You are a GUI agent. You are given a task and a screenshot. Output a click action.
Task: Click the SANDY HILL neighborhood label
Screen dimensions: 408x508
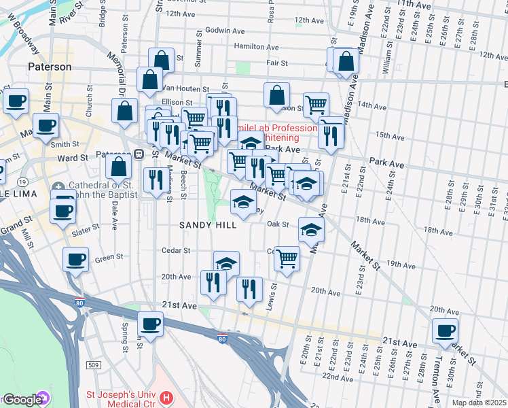(208, 225)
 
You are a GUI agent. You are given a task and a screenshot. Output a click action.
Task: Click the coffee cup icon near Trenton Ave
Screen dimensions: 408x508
(446, 330)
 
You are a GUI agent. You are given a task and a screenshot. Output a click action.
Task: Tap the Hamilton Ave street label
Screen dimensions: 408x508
(257, 48)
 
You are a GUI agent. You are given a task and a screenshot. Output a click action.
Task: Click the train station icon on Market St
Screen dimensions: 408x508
(139, 154)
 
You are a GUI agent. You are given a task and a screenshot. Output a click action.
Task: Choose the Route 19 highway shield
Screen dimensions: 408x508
(24, 182)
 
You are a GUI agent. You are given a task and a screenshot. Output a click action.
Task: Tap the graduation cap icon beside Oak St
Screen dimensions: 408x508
(311, 229)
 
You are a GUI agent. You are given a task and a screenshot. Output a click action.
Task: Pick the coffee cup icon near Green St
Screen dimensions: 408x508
(75, 258)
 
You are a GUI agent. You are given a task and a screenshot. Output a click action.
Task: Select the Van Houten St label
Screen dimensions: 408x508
(183, 88)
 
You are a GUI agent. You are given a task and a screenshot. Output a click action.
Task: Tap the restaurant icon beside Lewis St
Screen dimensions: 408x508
(250, 288)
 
